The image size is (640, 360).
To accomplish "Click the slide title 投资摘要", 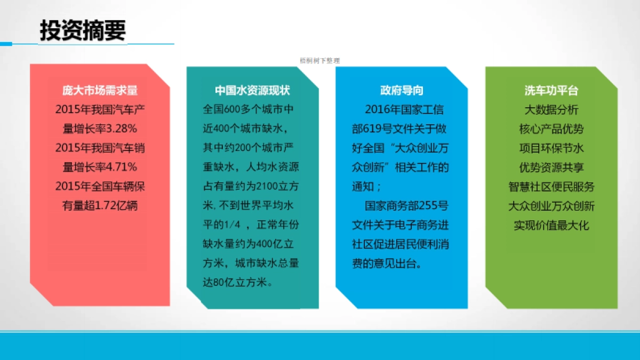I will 83,31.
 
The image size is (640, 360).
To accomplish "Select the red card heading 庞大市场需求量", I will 100,90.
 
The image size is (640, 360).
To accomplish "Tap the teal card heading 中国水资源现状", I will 252,90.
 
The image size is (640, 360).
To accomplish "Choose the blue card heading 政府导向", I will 402,90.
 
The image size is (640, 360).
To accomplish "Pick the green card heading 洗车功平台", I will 551,91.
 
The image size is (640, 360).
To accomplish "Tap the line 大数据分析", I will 551,110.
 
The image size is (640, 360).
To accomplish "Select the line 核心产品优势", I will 551,129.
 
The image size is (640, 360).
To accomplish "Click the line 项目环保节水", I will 551,148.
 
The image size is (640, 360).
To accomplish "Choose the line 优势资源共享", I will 551,167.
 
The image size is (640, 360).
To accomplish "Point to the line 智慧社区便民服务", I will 551,187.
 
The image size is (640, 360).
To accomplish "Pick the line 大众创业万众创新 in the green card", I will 551,206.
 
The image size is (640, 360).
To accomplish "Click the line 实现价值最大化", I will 551,225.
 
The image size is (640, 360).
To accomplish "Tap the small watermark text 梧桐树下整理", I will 319,61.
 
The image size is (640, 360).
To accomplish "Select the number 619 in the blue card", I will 373,129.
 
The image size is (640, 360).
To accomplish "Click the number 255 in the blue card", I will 428,206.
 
